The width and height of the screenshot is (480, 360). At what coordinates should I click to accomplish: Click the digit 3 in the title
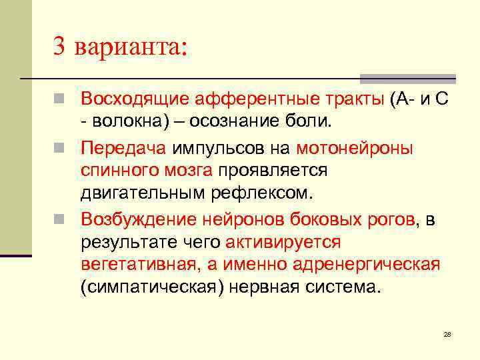60,47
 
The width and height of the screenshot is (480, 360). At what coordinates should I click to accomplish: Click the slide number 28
447,333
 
